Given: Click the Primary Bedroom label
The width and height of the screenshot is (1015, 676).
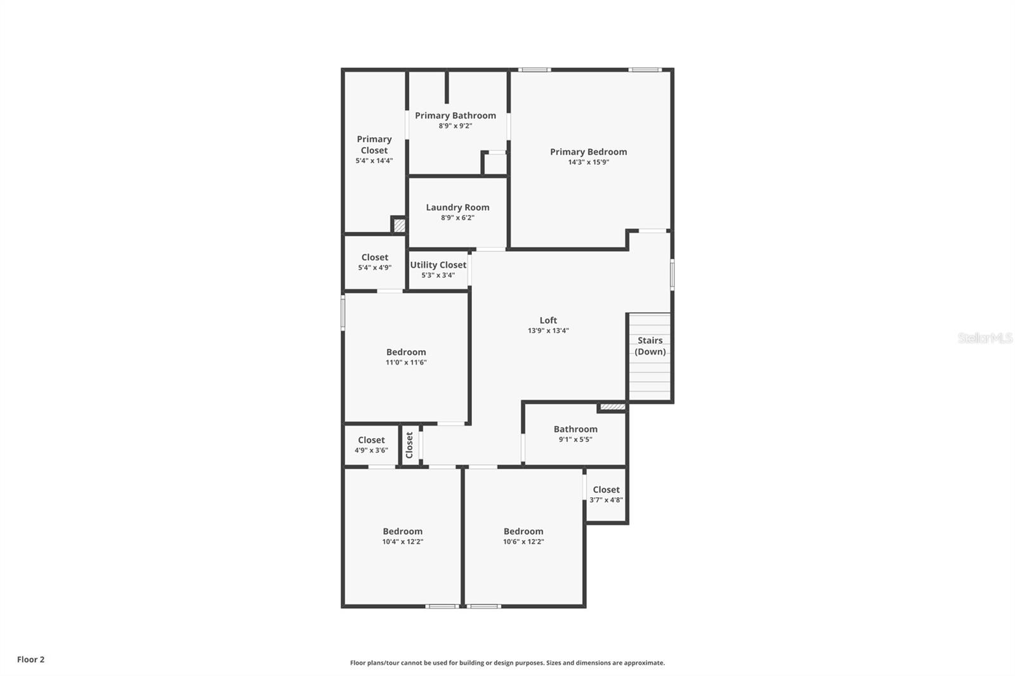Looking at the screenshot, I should point(588,152).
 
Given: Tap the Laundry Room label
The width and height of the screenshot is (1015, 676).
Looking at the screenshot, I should point(457,207).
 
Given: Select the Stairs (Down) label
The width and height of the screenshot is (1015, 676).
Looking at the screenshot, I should point(650,346).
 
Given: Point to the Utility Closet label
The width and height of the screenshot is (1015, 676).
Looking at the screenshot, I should point(438,265).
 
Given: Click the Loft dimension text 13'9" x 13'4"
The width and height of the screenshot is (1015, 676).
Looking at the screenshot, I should point(548,330).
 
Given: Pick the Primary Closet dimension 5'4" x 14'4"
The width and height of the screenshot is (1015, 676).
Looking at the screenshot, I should point(374,161).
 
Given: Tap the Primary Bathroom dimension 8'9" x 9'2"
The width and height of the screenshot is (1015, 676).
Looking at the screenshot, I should point(455,126).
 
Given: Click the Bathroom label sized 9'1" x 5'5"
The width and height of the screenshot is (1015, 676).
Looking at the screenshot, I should point(575,429).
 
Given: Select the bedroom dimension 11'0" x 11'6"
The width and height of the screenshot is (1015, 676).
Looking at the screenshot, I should point(406,363).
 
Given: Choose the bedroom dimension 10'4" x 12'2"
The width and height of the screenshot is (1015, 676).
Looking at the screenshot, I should point(402,542).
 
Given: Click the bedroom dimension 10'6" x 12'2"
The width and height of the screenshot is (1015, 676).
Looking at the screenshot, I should point(523,542).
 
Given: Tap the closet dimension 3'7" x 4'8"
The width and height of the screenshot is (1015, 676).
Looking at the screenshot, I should point(606,500).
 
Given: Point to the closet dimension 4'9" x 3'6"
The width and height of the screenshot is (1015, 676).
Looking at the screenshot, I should point(371,450).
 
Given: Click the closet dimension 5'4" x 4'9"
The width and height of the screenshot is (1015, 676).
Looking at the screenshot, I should point(374,268).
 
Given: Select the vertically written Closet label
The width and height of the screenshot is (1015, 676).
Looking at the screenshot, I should point(409,445).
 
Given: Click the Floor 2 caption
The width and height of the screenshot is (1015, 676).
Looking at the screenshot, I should point(30,660).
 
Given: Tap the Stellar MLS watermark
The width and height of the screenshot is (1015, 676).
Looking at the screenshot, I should point(985,338).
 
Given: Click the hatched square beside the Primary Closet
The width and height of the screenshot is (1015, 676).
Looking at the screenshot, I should point(399,225).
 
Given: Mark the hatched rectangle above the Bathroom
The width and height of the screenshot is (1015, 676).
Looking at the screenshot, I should point(612,406).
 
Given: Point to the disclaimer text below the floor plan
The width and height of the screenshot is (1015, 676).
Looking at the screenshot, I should point(507,663).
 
